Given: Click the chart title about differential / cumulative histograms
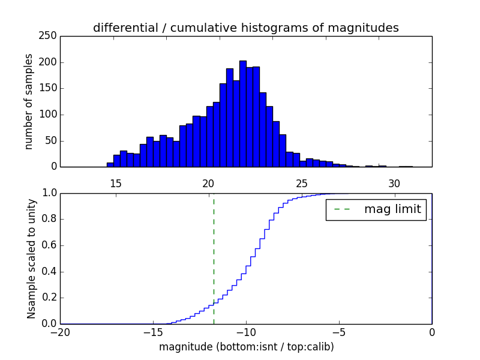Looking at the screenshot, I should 245,28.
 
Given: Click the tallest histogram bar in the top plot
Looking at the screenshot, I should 242,114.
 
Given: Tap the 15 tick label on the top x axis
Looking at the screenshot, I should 116,183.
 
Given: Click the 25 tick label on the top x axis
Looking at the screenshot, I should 301,183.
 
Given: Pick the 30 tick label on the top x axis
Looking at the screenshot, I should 394,183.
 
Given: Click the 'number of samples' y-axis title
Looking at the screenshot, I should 29,101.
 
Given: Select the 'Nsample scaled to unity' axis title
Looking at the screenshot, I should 31,259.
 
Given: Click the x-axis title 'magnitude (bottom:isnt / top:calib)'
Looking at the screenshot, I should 246,347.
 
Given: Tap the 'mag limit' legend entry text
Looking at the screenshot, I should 392,209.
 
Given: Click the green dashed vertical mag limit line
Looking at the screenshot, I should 214,252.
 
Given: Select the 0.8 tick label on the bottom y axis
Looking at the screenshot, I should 49,219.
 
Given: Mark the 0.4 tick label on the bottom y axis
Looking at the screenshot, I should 49,271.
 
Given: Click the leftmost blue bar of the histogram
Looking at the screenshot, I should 110,164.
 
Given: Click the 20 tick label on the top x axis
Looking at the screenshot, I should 208,183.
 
